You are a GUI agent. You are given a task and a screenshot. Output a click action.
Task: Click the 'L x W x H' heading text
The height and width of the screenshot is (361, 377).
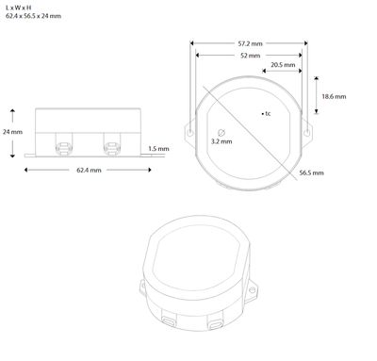pyautogui.click(x=18, y=8)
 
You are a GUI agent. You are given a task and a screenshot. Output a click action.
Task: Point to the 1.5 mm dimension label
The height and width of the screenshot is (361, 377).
pyautogui.click(x=159, y=149)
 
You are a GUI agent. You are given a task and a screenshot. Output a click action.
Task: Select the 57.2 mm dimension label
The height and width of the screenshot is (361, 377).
pyautogui.click(x=249, y=42)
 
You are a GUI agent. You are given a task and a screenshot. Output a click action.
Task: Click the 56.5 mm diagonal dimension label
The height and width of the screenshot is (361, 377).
pyautogui.click(x=312, y=173)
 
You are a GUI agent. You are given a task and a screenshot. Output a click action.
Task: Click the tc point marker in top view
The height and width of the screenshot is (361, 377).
pyautogui.click(x=261, y=113)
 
